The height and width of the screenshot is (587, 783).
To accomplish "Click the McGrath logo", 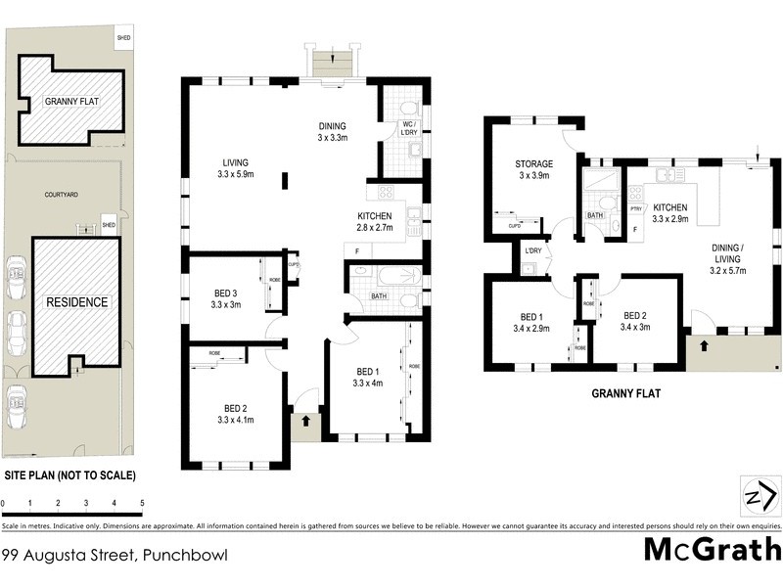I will pos(712,549).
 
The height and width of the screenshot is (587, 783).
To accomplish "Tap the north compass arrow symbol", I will pos(757,497).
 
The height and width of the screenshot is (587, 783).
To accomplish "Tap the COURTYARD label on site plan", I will pos(62,195).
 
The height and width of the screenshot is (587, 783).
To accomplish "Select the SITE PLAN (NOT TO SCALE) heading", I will pos(69,475).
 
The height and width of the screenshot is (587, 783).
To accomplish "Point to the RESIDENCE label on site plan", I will pos(76,302).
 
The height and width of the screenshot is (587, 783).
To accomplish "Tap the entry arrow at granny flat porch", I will pos(705,346).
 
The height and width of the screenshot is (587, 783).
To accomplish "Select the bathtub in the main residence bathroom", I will pos(386,276).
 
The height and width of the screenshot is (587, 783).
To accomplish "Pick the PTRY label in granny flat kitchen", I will pos(635,208).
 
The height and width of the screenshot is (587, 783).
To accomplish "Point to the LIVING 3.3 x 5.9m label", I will pos(236,168).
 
